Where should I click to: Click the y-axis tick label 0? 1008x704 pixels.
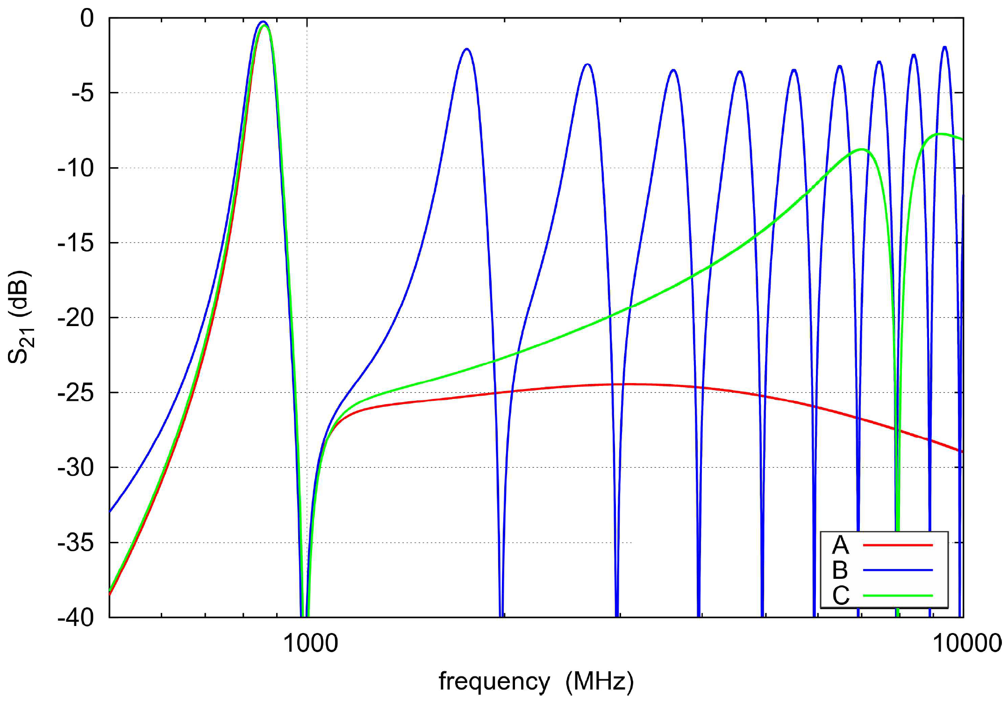pos(87,19)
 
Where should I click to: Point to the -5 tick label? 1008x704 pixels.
pos(82,93)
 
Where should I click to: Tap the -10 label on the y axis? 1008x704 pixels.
pos(76,168)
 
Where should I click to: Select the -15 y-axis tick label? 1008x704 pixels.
pos(76,243)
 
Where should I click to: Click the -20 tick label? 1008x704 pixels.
pos(76,318)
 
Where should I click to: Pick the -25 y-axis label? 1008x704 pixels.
pos(76,393)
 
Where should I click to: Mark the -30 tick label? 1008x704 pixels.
pos(76,468)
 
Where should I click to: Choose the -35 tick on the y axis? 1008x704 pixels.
pos(76,543)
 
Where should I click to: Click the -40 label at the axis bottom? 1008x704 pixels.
pos(76,618)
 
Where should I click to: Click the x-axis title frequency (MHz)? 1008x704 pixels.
pos(536,682)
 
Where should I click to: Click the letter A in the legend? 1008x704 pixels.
pos(840,545)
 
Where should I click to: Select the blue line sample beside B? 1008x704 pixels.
pos(897,570)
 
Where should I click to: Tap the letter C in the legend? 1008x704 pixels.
pos(840,595)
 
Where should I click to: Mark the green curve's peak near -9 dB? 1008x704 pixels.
pos(861,149)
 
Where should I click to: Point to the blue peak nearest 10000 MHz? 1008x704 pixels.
pos(944,47)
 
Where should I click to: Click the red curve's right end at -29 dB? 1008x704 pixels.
pos(962,451)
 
